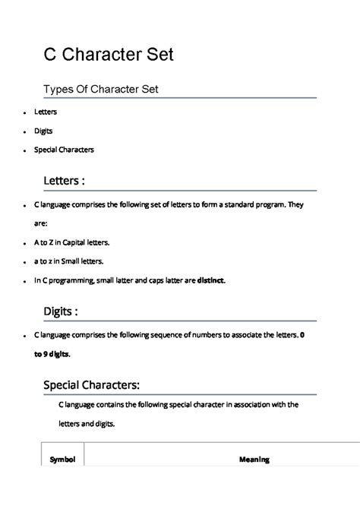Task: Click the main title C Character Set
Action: (108, 54)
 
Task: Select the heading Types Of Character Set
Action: (100, 90)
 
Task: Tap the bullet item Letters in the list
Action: (46, 112)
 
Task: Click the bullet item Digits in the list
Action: (43, 131)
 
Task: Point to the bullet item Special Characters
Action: (64, 150)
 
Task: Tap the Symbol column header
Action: (62, 460)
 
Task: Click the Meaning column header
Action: (254, 460)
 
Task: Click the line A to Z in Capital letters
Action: (72, 242)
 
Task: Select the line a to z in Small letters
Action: (71, 261)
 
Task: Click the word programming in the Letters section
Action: (81, 280)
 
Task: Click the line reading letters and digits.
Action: (86, 424)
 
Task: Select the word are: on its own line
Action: (41, 224)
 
